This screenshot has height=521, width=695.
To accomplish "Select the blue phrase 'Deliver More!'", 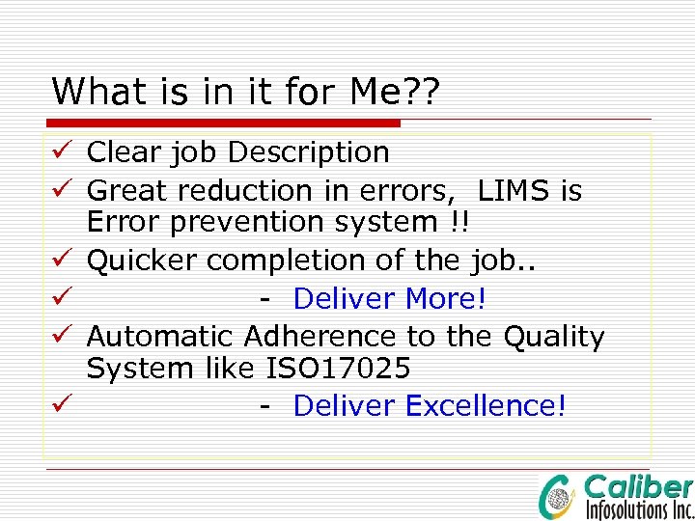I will click(389, 299).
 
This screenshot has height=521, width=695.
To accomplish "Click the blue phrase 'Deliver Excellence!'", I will click(429, 406).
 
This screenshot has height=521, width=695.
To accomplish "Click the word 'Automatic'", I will click(160, 337).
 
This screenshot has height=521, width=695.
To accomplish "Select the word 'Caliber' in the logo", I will click(638, 487).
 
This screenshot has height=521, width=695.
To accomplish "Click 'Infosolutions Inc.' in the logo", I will click(638, 508).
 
